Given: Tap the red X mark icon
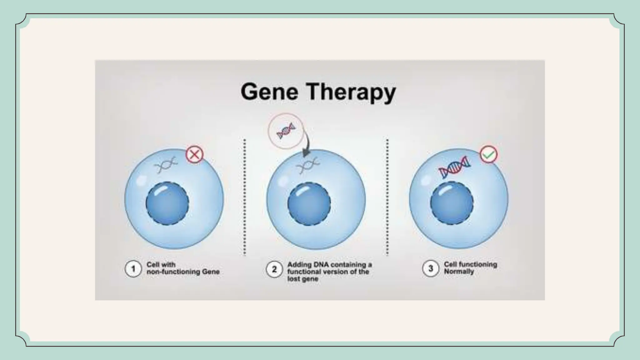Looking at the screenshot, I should tap(194, 154).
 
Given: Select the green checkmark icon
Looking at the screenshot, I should tap(488, 154).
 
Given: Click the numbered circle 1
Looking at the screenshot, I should tap(133, 269).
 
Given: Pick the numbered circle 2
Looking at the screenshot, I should tap(274, 269).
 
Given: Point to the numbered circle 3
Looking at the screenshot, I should tap(431, 268).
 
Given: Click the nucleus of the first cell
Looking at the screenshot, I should tap(167, 203).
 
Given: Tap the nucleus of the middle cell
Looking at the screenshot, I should tap(309, 204).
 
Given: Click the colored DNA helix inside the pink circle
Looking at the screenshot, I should tap(286, 131).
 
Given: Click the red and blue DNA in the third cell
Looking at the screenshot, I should tap(454, 167).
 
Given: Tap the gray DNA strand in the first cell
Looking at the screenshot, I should tap(166, 165).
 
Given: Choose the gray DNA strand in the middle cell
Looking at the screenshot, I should tap(308, 166).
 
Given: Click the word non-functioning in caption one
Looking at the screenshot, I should tap(173, 272).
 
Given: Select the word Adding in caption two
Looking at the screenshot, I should tap(297, 265).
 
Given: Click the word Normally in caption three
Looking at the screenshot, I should tap(459, 272).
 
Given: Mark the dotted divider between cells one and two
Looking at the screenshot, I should tap(244, 197).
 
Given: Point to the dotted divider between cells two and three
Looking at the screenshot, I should tap(387, 197).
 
